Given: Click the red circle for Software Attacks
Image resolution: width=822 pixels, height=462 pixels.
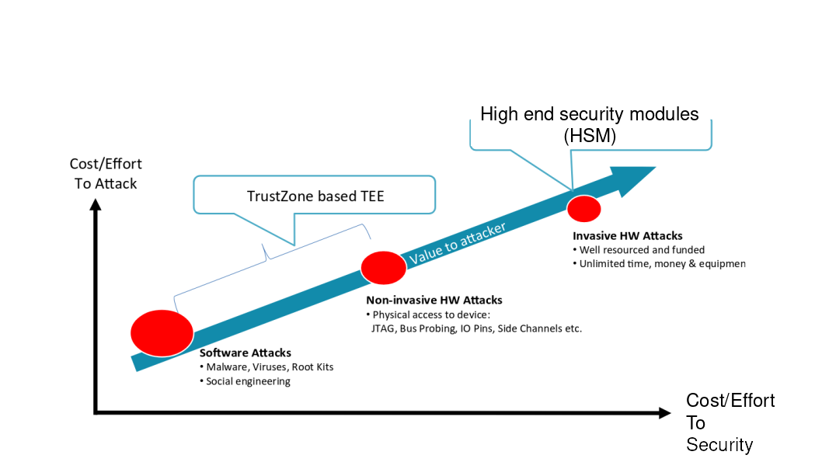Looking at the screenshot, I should pyautogui.click(x=162, y=332).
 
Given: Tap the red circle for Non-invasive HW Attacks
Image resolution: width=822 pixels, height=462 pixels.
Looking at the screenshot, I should pyautogui.click(x=384, y=268).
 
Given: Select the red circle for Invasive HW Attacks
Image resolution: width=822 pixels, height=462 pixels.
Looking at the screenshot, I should pyautogui.click(x=583, y=208).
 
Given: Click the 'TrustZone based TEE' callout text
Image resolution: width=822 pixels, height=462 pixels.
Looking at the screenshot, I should pyautogui.click(x=315, y=196).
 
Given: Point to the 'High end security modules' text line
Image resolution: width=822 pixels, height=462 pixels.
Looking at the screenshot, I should pyautogui.click(x=589, y=114).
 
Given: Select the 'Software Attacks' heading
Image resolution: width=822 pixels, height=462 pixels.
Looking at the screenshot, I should pyautogui.click(x=246, y=353).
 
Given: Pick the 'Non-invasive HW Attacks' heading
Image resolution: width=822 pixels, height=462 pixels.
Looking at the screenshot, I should pyautogui.click(x=434, y=300).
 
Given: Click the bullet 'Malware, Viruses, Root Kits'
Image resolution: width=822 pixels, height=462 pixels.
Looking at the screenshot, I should pyautogui.click(x=270, y=366).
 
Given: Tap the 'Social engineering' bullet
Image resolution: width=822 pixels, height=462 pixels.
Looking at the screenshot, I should pyautogui.click(x=248, y=381).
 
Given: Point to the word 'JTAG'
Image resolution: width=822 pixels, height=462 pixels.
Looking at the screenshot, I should pyautogui.click(x=385, y=328).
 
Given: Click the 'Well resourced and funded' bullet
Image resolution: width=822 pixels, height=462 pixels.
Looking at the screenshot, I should pyautogui.click(x=643, y=250).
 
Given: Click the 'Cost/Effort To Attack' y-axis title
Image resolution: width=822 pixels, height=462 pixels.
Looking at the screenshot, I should pyautogui.click(x=105, y=174).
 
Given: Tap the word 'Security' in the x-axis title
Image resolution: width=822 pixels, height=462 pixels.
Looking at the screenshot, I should pyautogui.click(x=719, y=445).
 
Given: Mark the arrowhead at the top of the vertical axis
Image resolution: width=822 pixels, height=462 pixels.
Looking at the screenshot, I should pyautogui.click(x=95, y=204).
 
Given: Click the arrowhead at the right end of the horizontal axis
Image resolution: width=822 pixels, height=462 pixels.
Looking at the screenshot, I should pyautogui.click(x=664, y=413).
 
